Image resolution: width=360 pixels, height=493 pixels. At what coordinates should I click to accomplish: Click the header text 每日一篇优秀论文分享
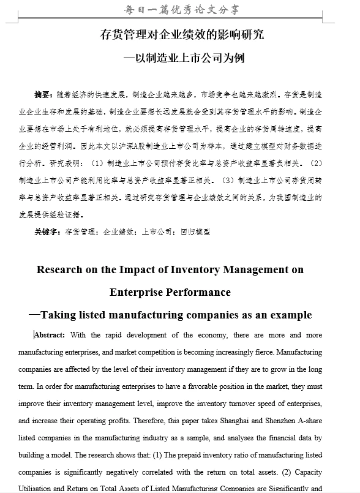coord(181,10)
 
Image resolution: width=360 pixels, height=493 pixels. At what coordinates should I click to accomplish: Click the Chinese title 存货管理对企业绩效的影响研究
coord(182,34)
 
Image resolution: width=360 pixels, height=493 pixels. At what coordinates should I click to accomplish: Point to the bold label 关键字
coord(47,232)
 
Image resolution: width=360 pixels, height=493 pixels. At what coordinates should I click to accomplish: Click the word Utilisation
coord(37,489)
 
